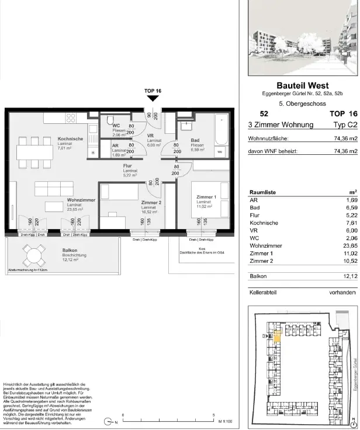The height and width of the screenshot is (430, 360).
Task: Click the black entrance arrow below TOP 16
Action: (153, 99)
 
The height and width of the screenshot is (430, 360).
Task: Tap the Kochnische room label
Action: (70, 139)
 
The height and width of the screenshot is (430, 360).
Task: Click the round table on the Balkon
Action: (34, 255)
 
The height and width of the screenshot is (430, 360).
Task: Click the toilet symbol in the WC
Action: (109, 121)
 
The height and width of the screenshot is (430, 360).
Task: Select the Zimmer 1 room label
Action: (206, 197)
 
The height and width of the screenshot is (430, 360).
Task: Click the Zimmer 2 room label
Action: (151, 202)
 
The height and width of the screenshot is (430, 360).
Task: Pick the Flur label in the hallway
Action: (122, 166)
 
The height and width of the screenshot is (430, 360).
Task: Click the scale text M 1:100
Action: (225, 421)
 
